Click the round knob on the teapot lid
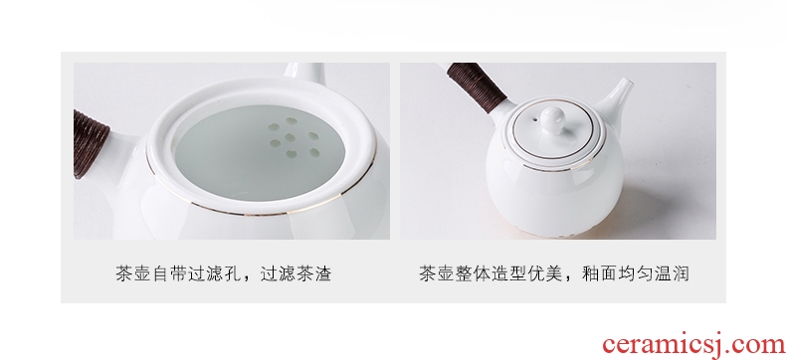(x=553, y=118)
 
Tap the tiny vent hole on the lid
(x=535, y=119)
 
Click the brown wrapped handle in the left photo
(x=91, y=143)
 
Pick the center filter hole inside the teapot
(x=290, y=137)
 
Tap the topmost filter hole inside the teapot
(x=291, y=120)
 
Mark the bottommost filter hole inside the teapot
(x=291, y=154)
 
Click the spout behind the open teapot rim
(x=305, y=73)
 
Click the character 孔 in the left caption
(x=233, y=273)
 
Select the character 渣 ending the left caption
(x=322, y=273)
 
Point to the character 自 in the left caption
(x=160, y=273)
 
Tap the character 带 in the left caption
(x=178, y=273)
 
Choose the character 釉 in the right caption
(x=591, y=273)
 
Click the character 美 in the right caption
(x=554, y=273)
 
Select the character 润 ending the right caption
(x=681, y=273)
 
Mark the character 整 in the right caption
(x=464, y=273)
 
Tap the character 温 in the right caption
(x=663, y=273)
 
